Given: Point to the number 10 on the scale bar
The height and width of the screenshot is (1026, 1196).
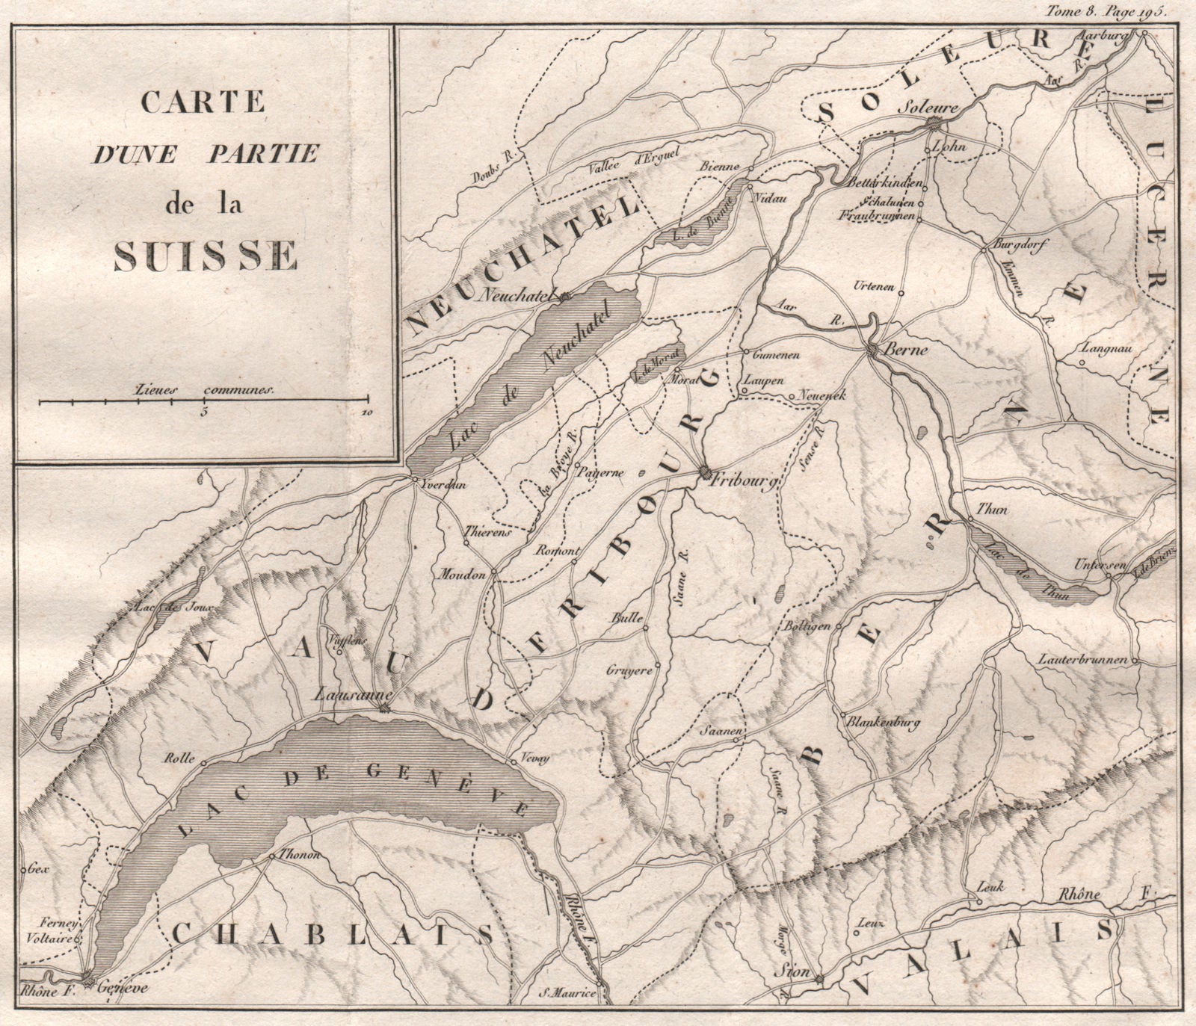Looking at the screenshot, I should tap(366, 412).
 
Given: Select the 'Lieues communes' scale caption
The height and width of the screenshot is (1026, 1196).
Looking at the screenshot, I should tap(206, 389).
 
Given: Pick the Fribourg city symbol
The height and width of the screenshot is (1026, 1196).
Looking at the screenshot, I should tap(705, 473).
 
